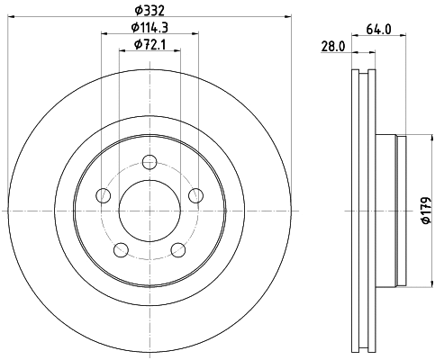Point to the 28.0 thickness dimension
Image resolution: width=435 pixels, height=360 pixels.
pyautogui.click(x=334, y=47)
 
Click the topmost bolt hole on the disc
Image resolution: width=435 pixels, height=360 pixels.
pyautogui.click(x=150, y=162)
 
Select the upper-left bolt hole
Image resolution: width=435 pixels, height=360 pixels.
pyautogui.click(x=104, y=195)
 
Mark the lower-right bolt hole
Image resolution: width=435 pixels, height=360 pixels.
pyautogui.click(x=179, y=249)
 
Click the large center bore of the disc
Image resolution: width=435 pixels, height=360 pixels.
pyautogui.click(x=150, y=211)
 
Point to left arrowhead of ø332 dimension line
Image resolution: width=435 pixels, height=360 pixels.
pyautogui.click(x=11, y=16)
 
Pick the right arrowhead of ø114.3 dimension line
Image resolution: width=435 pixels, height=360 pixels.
pyautogui.click(x=195, y=35)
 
